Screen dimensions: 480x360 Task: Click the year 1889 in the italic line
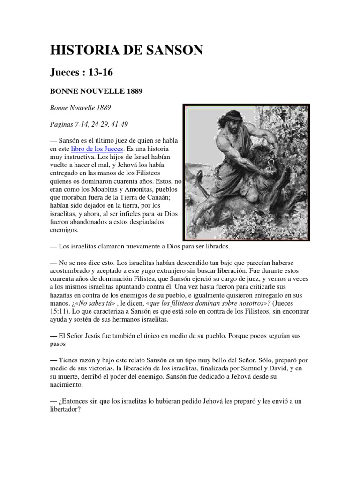pos(102,108)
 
